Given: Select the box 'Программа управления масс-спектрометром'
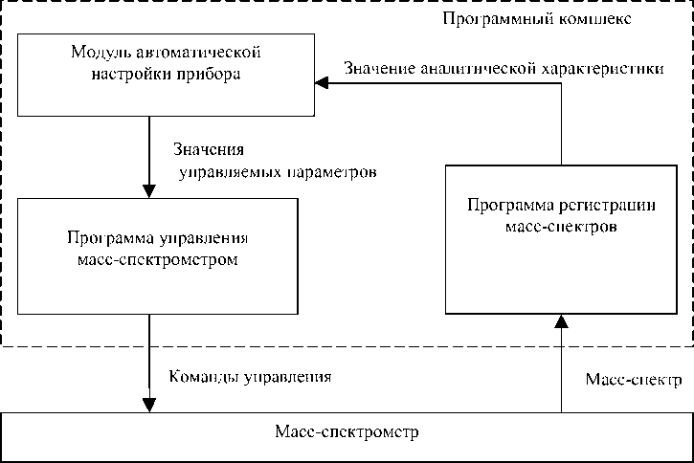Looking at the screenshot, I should tap(159, 255).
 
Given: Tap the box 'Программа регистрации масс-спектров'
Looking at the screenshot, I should tap(559, 238).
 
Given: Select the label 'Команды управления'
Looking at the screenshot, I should tap(250, 376).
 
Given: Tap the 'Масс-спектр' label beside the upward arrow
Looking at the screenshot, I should tap(633, 380).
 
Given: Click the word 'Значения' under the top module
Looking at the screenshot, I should tap(209, 150).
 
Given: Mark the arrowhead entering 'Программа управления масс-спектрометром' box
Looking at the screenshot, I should tap(148, 190).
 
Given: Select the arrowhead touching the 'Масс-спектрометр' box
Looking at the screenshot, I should tap(149, 406).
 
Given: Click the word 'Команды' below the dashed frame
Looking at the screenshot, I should tap(196, 376).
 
